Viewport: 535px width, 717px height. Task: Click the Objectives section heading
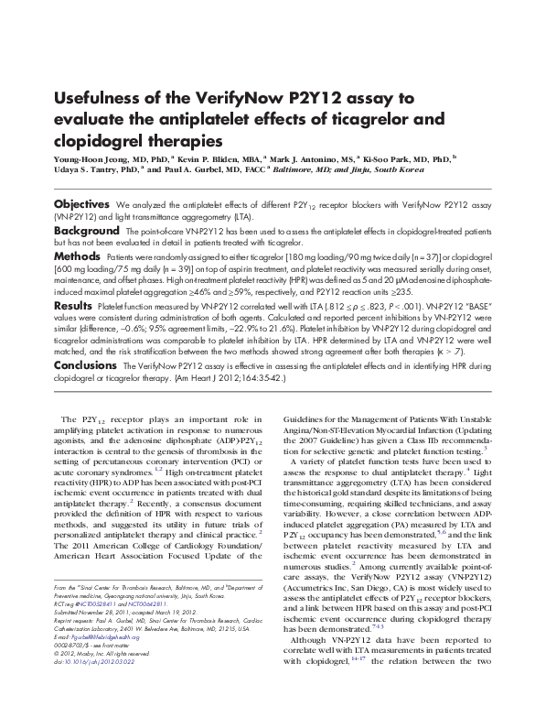pos(81,202)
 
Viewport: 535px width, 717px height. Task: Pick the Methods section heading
pos(77,259)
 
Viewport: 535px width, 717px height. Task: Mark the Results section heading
pos(72,305)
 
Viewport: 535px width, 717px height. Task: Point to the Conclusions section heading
pos(85,364)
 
